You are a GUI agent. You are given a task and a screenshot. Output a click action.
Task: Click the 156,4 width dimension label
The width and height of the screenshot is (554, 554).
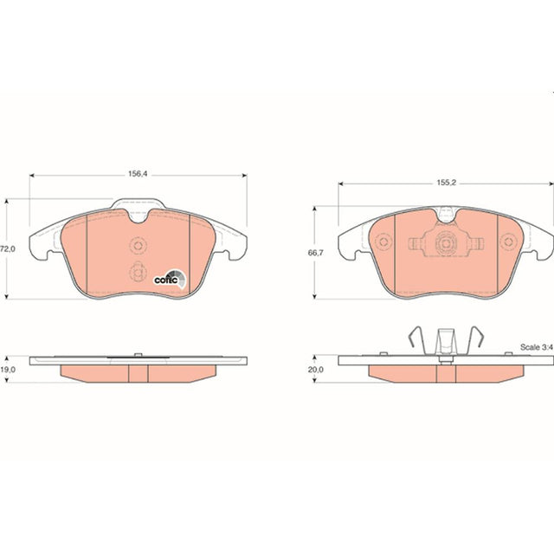138,174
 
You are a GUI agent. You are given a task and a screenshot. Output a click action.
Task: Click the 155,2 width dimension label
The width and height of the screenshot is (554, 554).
447,183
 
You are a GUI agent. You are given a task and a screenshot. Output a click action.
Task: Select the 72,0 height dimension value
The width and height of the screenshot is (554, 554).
8,248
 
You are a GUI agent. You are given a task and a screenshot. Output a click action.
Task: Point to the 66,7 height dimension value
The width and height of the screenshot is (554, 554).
315,253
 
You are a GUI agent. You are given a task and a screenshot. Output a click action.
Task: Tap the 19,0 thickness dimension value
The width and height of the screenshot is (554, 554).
8,370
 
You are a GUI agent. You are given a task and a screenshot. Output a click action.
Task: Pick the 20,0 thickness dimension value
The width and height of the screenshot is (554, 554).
315,370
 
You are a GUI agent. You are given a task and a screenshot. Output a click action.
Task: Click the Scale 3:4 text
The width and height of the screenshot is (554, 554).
537,347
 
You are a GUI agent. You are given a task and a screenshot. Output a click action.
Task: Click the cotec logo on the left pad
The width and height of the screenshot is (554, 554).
170,279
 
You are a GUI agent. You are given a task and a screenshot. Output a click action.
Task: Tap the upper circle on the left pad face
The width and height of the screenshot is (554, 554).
138,245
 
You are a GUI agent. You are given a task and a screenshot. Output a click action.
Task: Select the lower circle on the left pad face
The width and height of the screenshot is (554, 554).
138,272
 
